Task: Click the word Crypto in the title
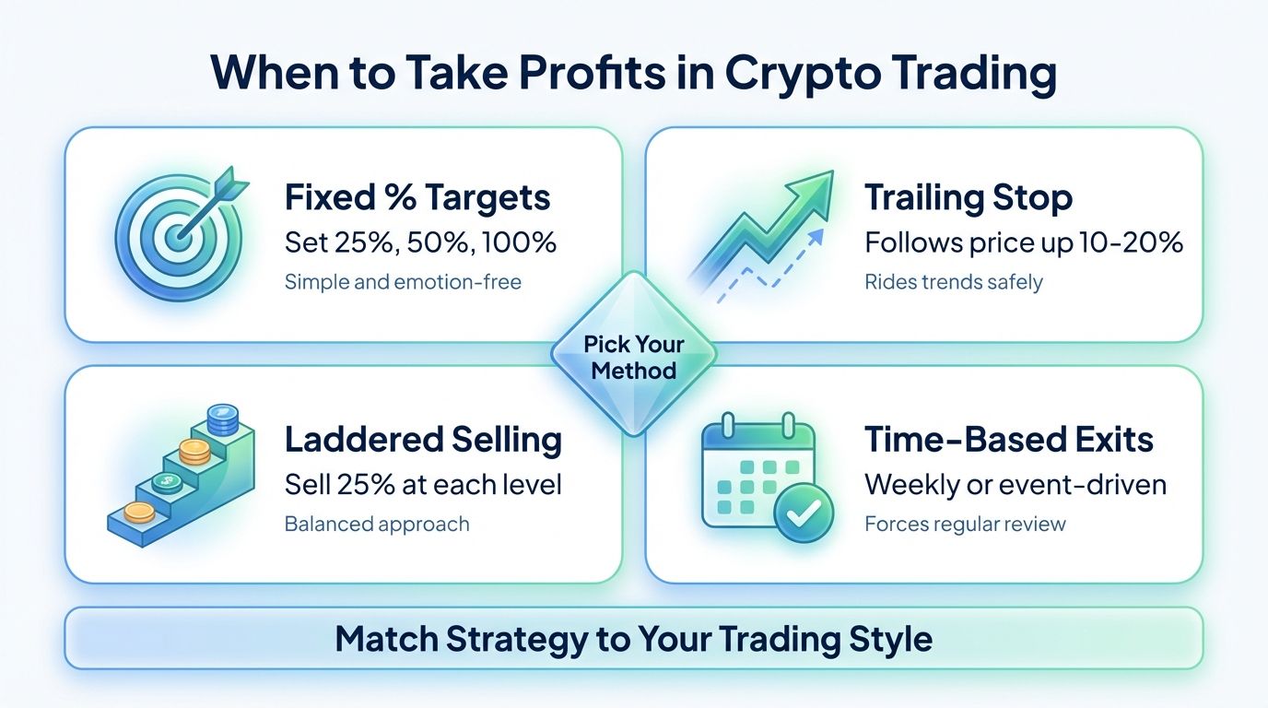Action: pyautogui.click(x=802, y=75)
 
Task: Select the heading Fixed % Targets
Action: pyautogui.click(x=417, y=197)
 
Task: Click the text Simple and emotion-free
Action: pyautogui.click(x=403, y=281)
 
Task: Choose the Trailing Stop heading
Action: pyautogui.click(x=968, y=197)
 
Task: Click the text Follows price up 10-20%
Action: pyautogui.click(x=1023, y=242)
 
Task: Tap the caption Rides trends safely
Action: pyautogui.click(x=953, y=281)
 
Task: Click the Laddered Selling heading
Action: pyautogui.click(x=423, y=440)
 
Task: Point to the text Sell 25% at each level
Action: pyautogui.click(x=423, y=484)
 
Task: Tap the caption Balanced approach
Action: pyautogui.click(x=376, y=525)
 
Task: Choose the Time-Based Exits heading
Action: pyautogui.click(x=1008, y=440)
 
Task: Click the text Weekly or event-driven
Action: pyautogui.click(x=1015, y=484)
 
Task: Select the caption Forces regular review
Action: pyautogui.click(x=964, y=525)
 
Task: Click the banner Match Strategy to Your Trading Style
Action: pyautogui.click(x=633, y=638)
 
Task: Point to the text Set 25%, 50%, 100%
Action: pyautogui.click(x=420, y=242)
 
